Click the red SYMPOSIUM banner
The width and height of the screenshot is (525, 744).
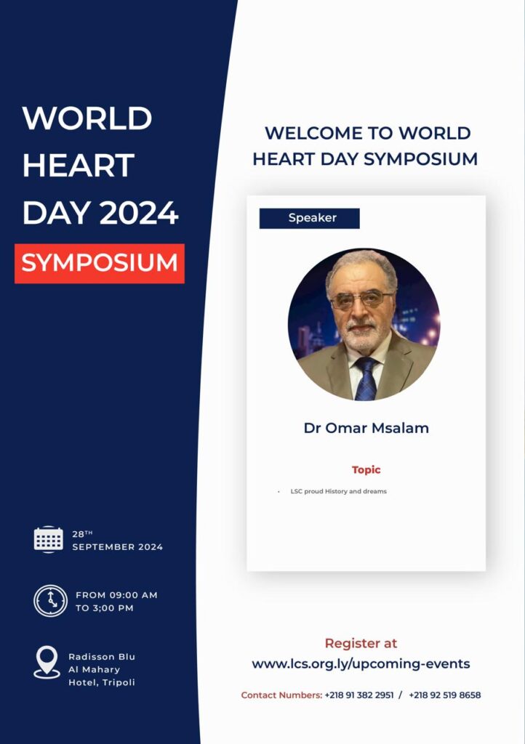click(x=99, y=263)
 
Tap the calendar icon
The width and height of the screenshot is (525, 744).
click(x=49, y=540)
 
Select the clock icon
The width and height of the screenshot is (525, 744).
click(x=50, y=601)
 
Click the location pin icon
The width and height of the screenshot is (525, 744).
click(x=47, y=663)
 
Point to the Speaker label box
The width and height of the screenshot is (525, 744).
click(x=310, y=218)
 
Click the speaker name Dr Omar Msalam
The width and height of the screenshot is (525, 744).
click(x=366, y=428)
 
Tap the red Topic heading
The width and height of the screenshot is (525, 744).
click(x=366, y=470)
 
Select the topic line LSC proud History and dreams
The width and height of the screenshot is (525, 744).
click(x=338, y=492)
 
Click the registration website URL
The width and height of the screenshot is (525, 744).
click(x=361, y=664)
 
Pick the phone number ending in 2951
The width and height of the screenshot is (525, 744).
click(x=359, y=695)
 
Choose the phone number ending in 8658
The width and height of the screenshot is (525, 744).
click(x=445, y=695)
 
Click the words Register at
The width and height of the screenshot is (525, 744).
click(x=361, y=644)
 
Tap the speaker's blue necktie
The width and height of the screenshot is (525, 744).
click(x=366, y=379)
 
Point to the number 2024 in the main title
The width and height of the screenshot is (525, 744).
click(x=139, y=213)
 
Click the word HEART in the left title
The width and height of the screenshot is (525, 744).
click(x=79, y=166)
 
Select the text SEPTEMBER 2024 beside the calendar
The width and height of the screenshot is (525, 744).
click(x=117, y=547)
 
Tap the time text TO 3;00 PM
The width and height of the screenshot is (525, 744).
click(x=105, y=608)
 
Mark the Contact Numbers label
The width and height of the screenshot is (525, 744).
click(x=281, y=695)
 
